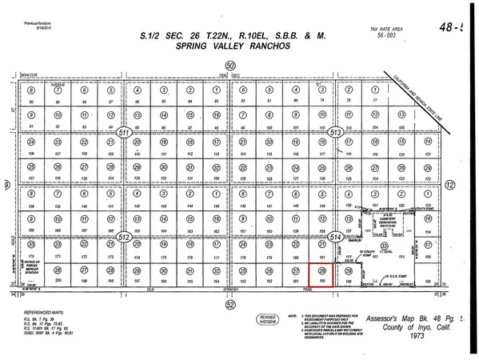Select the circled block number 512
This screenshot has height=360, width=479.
click(x=124, y=237)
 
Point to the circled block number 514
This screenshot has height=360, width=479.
click(x=337, y=237)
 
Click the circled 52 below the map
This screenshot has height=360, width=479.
click(x=231, y=304)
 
